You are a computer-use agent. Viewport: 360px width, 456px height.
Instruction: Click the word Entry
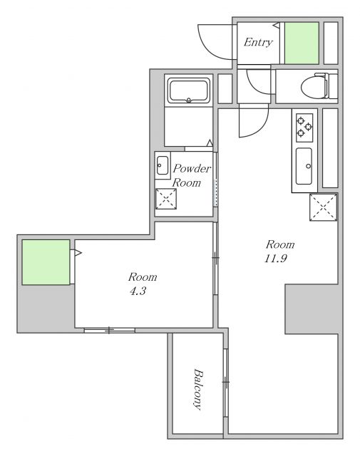pyautogui.click(x=258, y=43)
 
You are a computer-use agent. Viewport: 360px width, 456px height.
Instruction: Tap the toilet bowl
pyautogui.click(x=315, y=86)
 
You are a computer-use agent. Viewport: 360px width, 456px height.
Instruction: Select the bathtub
pyautogui.click(x=189, y=90)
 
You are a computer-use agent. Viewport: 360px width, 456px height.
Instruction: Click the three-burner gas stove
pyautogui.click(x=304, y=128)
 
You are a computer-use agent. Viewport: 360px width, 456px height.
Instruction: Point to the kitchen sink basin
pyautogui.click(x=304, y=166)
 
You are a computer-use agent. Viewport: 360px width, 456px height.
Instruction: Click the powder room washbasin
pyautogui.click(x=163, y=165)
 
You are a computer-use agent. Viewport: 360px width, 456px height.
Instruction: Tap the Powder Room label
pyautogui.click(x=191, y=175)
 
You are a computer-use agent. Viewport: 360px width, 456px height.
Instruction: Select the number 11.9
pyautogui.click(x=276, y=258)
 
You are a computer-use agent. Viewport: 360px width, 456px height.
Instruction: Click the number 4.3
pyautogui.click(x=138, y=291)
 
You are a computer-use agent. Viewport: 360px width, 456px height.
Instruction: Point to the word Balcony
pyautogui.click(x=198, y=389)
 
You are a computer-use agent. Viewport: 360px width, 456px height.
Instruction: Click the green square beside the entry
pyautogui.click(x=302, y=43)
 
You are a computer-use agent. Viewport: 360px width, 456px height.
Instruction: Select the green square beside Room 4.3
pyautogui.click(x=46, y=262)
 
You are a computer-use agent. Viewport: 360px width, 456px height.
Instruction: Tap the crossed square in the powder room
pyautogui.click(x=166, y=199)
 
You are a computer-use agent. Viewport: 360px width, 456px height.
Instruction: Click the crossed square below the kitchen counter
pyautogui.click(x=324, y=207)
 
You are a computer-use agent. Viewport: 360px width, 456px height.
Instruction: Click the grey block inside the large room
pyautogui.click(x=312, y=309)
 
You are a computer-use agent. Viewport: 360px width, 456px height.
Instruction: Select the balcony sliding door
pyautogui.click(x=225, y=383)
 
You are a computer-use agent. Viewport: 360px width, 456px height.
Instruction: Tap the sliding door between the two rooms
pyautogui.click(x=215, y=258)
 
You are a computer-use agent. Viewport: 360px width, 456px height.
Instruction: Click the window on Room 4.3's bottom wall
pyautogui.click(x=110, y=330)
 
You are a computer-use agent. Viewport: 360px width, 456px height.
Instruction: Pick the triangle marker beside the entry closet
pyautogui.click(x=277, y=26)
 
